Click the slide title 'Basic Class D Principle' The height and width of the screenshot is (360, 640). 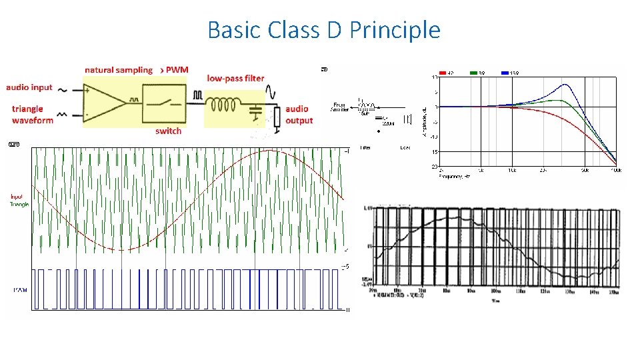324,30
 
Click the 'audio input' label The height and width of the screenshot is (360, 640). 29,88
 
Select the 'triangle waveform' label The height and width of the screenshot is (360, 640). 32,115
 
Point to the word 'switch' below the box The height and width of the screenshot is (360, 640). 168,131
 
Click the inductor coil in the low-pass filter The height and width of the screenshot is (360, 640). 223,105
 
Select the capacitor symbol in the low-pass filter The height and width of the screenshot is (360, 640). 254,110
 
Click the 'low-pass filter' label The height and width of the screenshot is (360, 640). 235,78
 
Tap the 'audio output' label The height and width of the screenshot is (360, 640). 299,115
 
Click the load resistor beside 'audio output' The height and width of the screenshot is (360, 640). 277,117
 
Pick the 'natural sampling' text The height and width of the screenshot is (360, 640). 118,70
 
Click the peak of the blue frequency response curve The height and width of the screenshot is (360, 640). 565,85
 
